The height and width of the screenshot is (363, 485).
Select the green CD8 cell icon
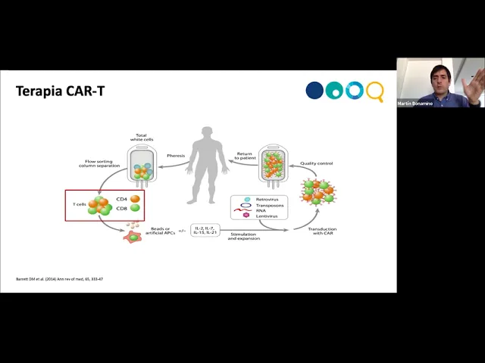[x=133, y=209]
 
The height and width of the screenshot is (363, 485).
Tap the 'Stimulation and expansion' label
[x=244, y=237]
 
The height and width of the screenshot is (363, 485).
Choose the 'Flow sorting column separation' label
[x=98, y=163]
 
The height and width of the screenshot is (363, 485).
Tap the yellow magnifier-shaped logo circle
[x=374, y=91]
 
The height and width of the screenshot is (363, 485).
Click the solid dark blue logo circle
[x=314, y=91]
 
